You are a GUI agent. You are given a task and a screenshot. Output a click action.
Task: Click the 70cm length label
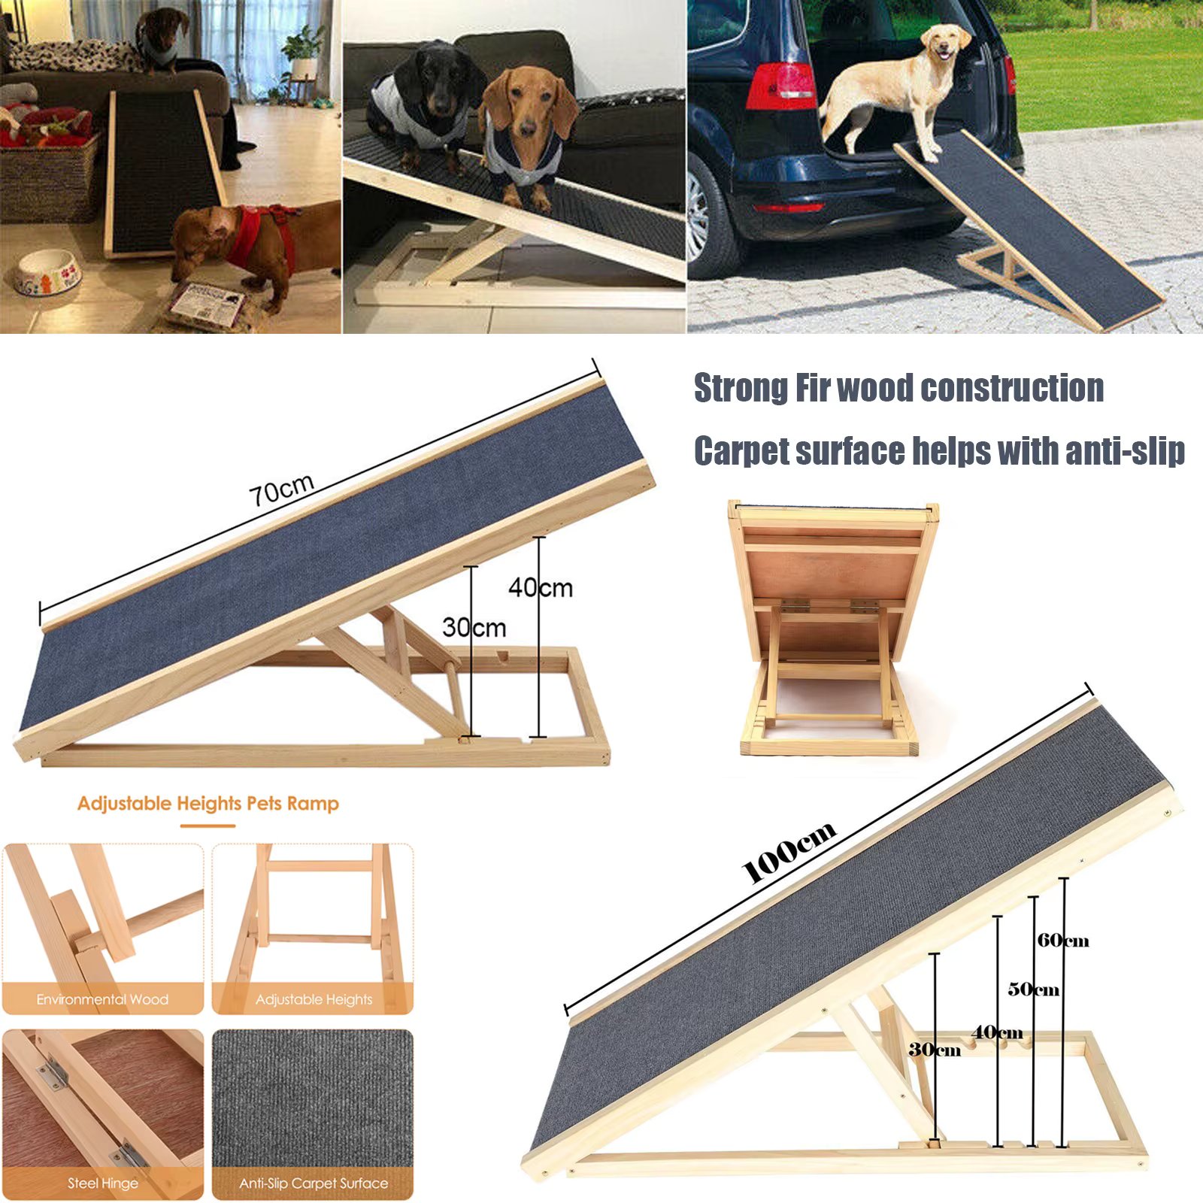[x=281, y=490]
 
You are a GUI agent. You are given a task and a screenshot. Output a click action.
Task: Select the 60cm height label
[x=1063, y=940]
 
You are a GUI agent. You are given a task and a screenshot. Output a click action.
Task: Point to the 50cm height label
[x=1034, y=989]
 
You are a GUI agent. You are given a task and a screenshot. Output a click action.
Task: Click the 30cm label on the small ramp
[x=474, y=627]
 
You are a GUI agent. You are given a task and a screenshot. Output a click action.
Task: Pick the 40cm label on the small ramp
[x=541, y=587]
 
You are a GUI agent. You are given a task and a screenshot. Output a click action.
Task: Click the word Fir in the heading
[x=809, y=389]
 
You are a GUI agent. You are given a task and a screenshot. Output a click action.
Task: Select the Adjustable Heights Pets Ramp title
[x=208, y=803]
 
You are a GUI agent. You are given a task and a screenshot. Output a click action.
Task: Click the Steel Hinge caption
[x=103, y=1183]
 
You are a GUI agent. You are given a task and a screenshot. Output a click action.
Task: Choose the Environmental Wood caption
[x=102, y=999]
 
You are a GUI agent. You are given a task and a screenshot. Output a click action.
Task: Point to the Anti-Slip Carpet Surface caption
[x=314, y=1183]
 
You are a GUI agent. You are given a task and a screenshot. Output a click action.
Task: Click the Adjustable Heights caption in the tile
[x=314, y=999]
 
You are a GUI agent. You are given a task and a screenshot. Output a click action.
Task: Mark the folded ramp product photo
[x=831, y=628]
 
